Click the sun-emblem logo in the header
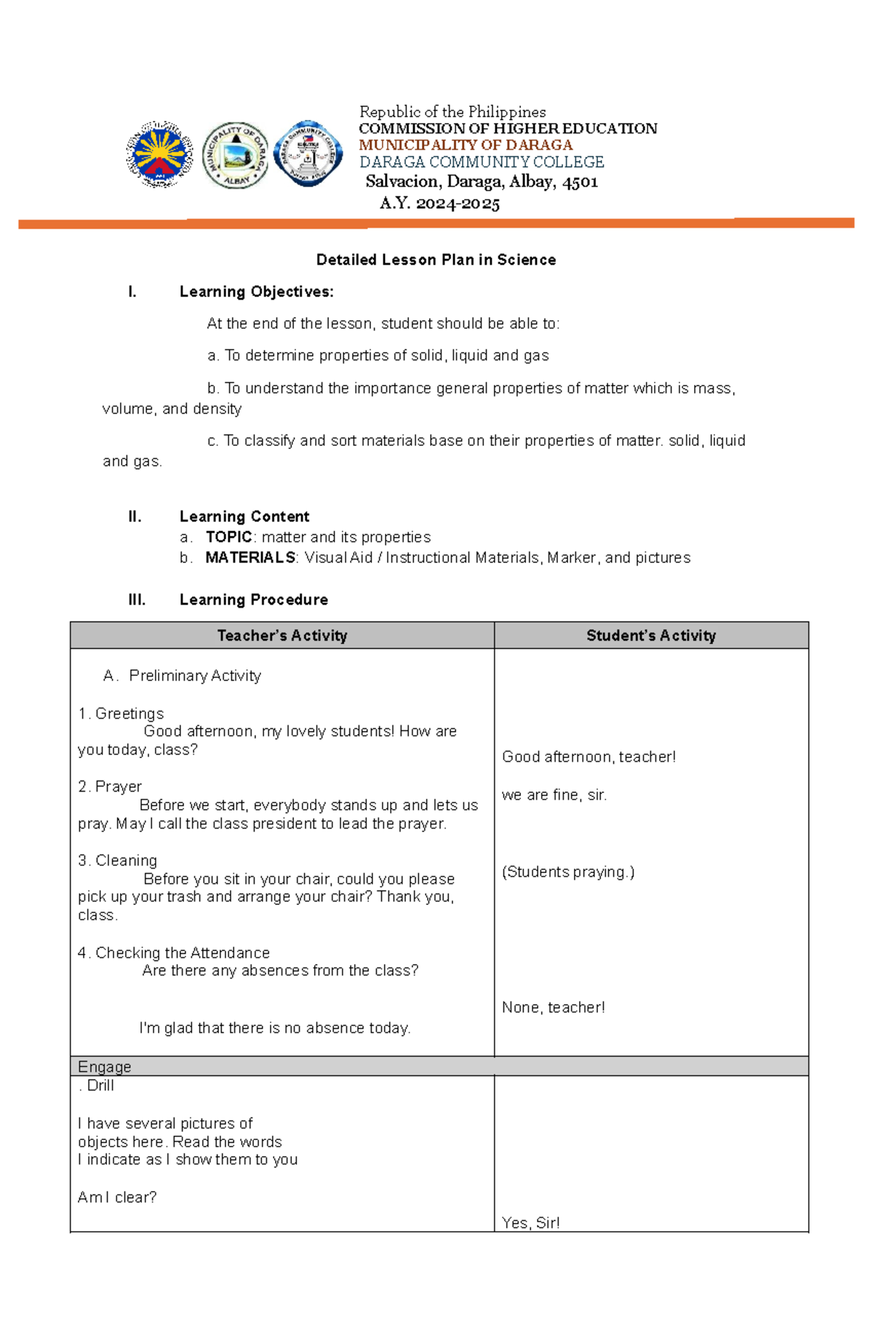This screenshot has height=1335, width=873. tap(159, 154)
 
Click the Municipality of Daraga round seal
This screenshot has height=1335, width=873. tap(235, 155)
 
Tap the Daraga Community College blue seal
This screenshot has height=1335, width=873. tap(308, 154)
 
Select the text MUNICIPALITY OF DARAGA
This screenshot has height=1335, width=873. tap(466, 145)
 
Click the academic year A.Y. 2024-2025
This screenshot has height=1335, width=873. tap(439, 203)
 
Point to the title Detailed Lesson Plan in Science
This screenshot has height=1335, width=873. tap(436, 260)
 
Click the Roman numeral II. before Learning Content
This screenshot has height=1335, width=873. tap(135, 517)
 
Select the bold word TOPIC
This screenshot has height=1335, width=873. tap(228, 537)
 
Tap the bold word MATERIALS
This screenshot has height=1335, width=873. tap(250, 557)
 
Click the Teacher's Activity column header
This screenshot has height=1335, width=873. tap(282, 635)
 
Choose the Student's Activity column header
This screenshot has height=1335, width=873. tap(651, 635)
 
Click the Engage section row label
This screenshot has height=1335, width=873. tap(105, 1067)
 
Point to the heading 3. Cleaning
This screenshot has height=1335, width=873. tap(118, 860)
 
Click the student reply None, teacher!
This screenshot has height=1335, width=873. tap(553, 1007)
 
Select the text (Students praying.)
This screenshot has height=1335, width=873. tap(568, 872)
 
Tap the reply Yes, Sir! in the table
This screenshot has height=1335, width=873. tap(531, 1222)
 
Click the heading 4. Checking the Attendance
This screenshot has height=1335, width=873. tap(174, 952)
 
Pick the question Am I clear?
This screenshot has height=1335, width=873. tap(117, 1197)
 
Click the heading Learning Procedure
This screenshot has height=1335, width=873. tap(253, 599)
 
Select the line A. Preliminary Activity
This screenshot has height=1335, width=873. tap(182, 675)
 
